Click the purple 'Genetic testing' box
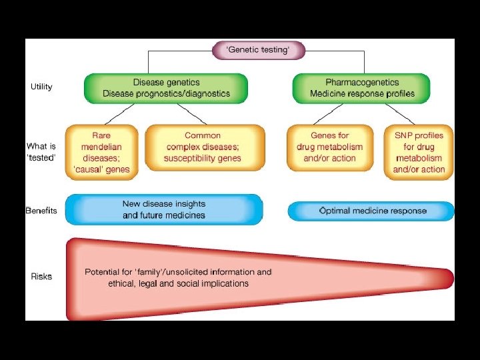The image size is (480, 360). click(259, 51)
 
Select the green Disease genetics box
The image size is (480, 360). click(166, 88)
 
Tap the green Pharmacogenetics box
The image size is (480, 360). click(361, 88)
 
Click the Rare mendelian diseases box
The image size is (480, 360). click(101, 153)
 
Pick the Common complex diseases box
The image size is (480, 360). click(203, 147)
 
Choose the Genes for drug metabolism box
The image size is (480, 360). click(329, 147)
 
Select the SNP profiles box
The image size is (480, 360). click(419, 153)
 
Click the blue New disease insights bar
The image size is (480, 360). click(164, 209)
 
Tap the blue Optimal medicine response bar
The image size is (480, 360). click(371, 211)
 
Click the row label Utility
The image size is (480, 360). click(41, 87)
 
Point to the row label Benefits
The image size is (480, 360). click(41, 211)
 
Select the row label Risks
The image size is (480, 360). click(41, 276)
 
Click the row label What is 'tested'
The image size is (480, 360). click(41, 151)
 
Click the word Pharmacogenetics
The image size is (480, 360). click(361, 82)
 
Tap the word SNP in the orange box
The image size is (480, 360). click(403, 135)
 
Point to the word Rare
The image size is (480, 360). click(101, 135)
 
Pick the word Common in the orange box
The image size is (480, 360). click(203, 135)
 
